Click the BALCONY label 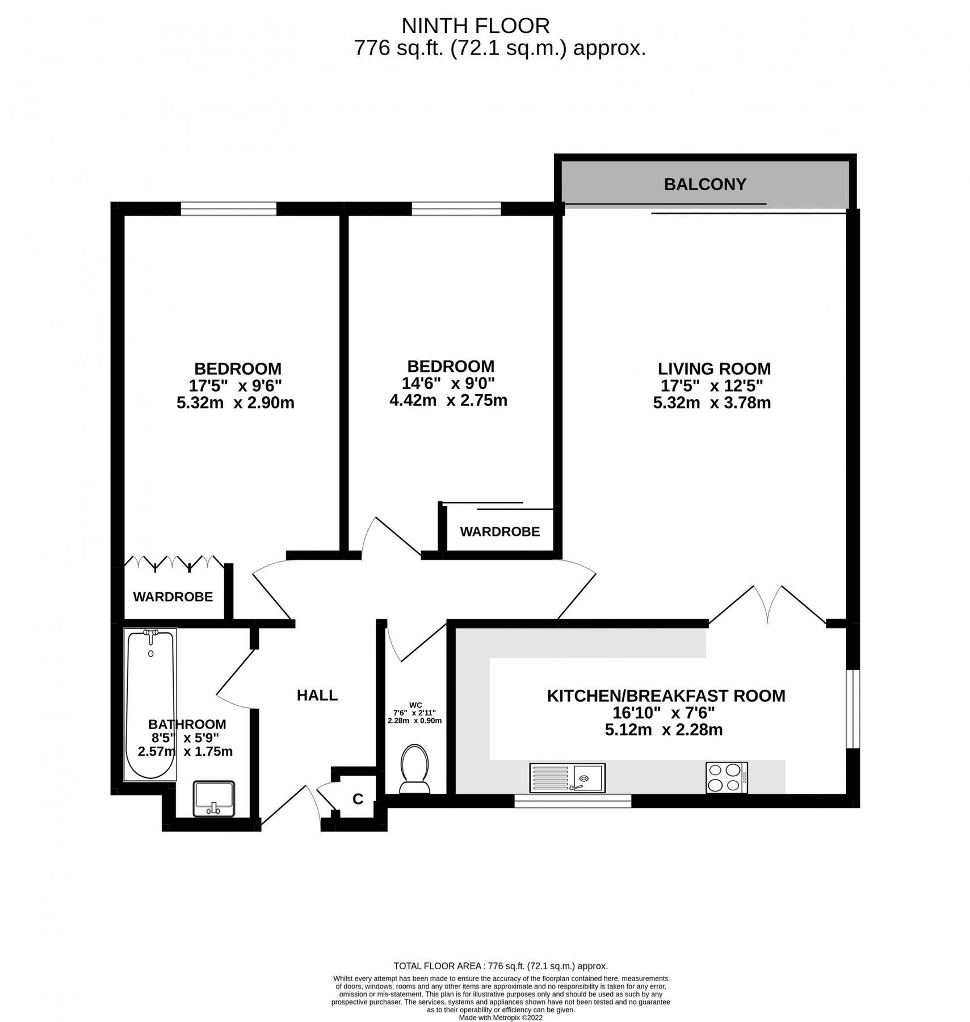[x=704, y=184]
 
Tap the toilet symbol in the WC [x=414, y=769]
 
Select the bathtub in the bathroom [x=150, y=704]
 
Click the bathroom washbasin [x=214, y=798]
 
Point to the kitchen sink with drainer [x=567, y=777]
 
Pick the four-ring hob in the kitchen [x=726, y=777]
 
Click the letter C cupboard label [x=358, y=799]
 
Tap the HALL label [x=317, y=695]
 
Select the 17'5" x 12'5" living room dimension [x=712, y=386]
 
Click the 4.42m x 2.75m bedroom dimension [x=448, y=400]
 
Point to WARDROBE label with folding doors [x=173, y=597]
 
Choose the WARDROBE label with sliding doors [x=499, y=531]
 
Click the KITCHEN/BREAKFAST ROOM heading [x=666, y=696]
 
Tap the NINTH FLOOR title [x=476, y=26]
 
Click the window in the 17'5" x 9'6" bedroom [x=229, y=209]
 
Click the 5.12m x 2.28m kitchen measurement [x=664, y=730]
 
